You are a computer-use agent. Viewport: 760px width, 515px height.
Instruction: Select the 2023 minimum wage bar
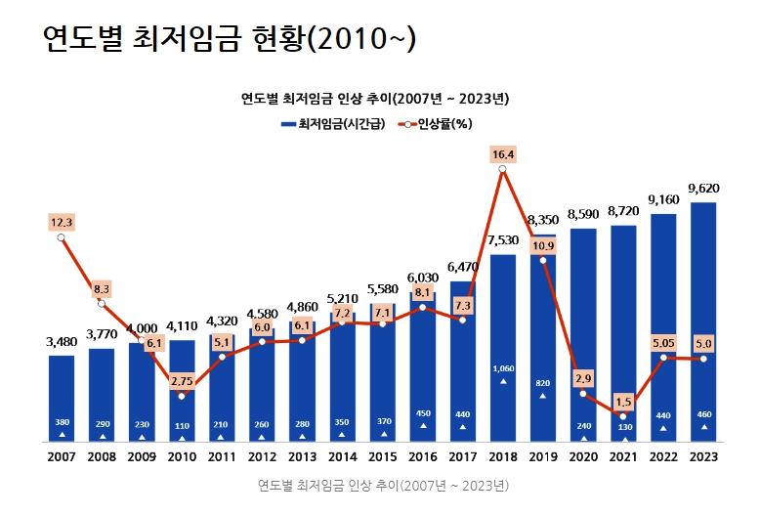(703, 322)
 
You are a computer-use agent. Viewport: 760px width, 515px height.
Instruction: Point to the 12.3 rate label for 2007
(62, 223)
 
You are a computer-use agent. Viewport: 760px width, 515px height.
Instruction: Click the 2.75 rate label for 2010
(182, 379)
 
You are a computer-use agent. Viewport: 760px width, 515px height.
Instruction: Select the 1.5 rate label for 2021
(623, 402)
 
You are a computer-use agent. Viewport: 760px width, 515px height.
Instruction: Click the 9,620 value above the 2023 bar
(703, 188)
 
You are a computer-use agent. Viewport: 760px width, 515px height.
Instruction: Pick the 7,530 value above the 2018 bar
(503, 239)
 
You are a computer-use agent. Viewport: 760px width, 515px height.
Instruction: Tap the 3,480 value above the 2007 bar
(62, 341)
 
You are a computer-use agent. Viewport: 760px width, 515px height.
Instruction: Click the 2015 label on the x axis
(383, 456)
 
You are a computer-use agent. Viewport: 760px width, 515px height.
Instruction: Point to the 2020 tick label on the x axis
(583, 456)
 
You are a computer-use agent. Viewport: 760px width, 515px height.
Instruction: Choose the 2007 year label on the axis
(62, 456)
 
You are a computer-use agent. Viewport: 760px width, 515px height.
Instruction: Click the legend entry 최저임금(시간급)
(333, 123)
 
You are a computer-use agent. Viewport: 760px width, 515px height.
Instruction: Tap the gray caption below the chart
(383, 485)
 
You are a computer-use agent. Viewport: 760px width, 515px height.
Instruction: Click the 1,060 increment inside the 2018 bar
(503, 368)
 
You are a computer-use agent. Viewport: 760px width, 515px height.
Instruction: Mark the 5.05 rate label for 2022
(663, 343)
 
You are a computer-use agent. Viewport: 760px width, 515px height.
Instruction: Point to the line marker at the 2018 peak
(503, 170)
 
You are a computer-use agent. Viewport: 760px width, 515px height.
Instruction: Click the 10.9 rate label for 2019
(543, 245)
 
